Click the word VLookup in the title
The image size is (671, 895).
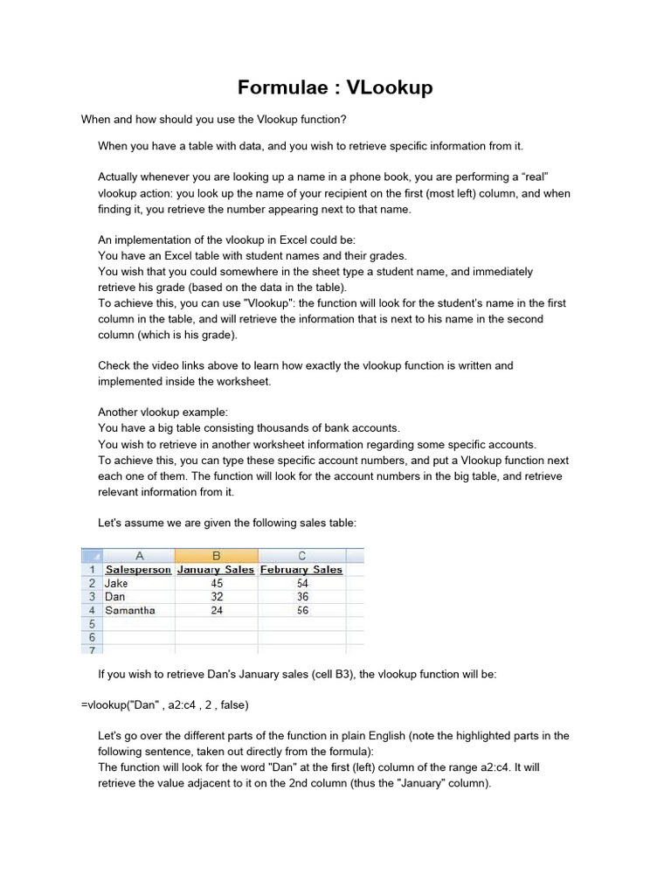coord(389,87)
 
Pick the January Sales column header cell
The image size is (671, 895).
coord(216,570)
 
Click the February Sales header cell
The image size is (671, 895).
coord(301,570)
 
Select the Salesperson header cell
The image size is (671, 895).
coord(138,570)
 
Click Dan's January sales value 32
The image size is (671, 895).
coord(217,597)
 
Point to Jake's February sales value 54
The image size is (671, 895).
coord(302,583)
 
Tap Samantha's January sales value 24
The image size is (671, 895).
coord(217,611)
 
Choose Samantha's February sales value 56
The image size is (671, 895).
coord(302,611)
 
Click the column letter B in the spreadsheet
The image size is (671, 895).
coord(217,555)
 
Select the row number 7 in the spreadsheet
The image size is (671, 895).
coord(92,649)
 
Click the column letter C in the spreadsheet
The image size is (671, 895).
coord(302,555)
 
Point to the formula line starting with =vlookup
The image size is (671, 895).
coord(166,704)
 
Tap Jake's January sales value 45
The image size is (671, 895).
coord(217,583)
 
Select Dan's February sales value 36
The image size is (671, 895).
coord(302,597)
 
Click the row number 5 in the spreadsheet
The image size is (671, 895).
coord(92,624)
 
